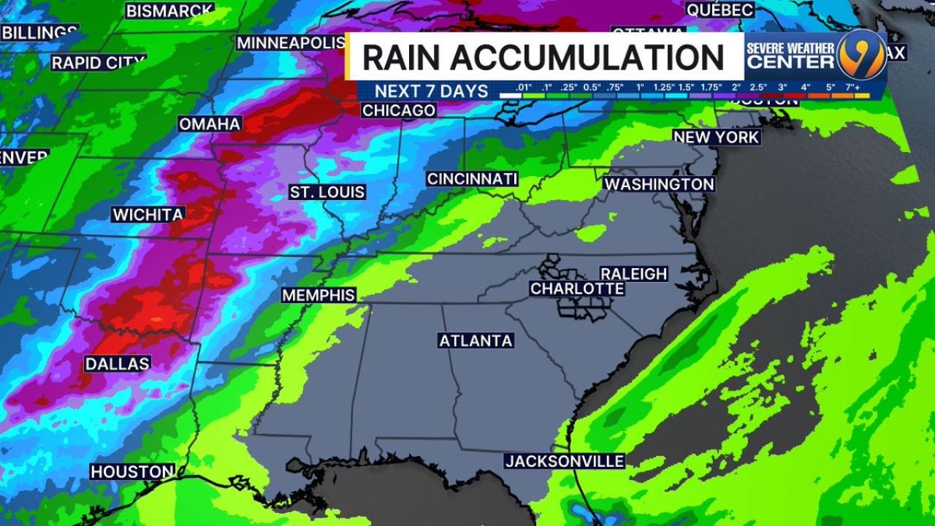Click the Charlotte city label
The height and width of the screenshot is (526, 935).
(x=577, y=289)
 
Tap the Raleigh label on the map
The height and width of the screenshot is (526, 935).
(x=633, y=274)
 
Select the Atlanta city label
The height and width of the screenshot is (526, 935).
(x=476, y=341)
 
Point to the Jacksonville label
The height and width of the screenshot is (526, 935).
(x=565, y=462)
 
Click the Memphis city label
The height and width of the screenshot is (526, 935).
(x=319, y=295)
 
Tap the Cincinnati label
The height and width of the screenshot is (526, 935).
(x=472, y=179)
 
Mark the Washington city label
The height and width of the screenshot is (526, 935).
(x=659, y=184)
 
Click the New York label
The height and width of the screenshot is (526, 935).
(x=716, y=137)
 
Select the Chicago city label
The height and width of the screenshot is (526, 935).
(x=399, y=110)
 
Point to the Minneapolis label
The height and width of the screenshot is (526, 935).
(x=291, y=43)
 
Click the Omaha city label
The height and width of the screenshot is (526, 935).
(x=210, y=124)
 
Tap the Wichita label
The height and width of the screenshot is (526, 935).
(x=148, y=215)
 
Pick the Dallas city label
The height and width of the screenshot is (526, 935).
(x=118, y=364)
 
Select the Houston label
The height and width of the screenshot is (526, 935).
(x=132, y=472)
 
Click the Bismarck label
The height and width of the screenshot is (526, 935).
(x=169, y=11)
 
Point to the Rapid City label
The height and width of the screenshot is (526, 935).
(x=98, y=63)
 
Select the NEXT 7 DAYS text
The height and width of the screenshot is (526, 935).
(x=431, y=91)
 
